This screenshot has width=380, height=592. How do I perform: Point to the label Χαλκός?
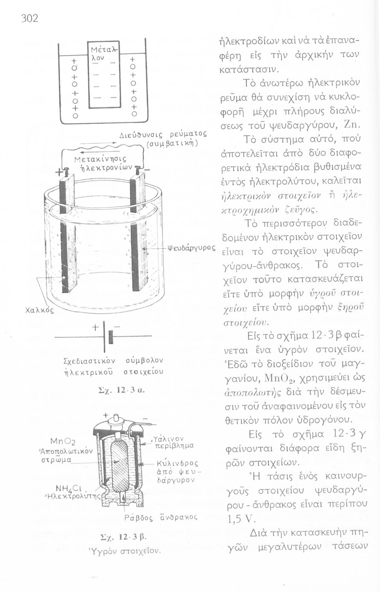tap(39, 310)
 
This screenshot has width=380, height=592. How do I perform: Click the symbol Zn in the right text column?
tap(350, 126)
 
